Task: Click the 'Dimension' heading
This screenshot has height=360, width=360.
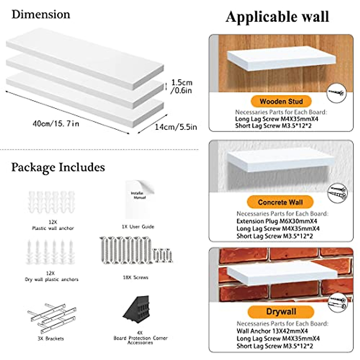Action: (x=41, y=14)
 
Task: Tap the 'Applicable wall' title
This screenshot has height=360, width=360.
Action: (x=277, y=17)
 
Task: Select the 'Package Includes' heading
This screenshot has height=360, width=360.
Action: (x=58, y=167)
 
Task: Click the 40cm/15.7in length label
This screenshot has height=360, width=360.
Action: (x=56, y=123)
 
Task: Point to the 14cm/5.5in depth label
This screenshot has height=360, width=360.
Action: (x=176, y=127)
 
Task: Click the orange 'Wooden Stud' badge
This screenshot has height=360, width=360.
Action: (x=281, y=101)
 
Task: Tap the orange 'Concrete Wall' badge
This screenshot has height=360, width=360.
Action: (x=280, y=202)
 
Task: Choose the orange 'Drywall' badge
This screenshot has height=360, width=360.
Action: (x=281, y=312)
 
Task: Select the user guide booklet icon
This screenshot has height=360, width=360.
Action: (x=139, y=199)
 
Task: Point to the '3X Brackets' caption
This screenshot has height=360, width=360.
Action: (x=51, y=339)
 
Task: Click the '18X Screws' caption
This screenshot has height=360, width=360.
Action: (x=135, y=277)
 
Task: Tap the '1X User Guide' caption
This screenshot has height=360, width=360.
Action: (x=138, y=227)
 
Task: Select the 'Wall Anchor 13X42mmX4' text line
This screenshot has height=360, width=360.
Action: (x=272, y=331)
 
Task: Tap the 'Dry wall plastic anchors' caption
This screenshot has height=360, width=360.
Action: (x=52, y=280)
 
